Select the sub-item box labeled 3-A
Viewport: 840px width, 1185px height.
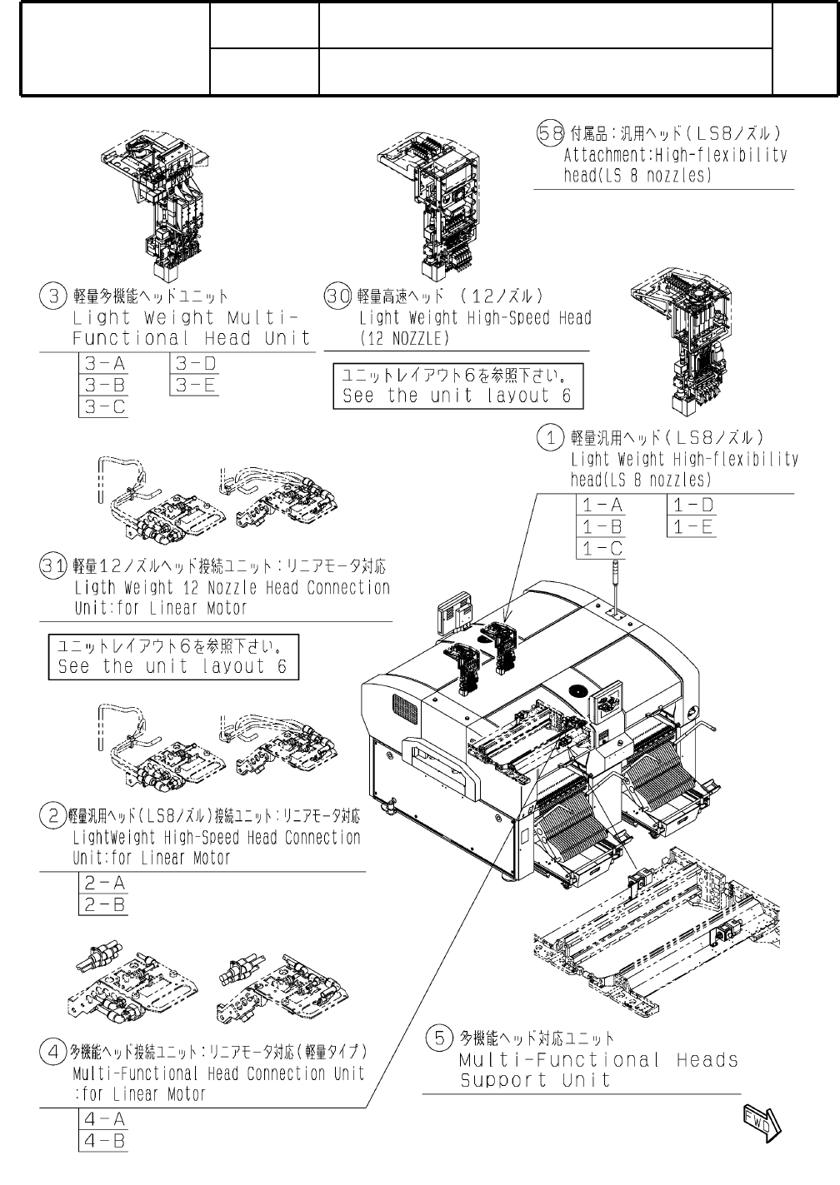click(104, 364)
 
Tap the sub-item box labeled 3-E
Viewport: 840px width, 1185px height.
click(196, 386)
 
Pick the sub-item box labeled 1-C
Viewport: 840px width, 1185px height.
click(601, 549)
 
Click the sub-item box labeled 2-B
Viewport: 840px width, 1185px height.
click(104, 904)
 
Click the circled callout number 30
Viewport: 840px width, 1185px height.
click(337, 296)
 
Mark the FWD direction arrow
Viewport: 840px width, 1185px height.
click(762, 1119)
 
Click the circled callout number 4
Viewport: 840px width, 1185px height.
click(53, 1052)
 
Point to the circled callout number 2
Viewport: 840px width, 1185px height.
click(53, 816)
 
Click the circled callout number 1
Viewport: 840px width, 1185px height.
click(551, 437)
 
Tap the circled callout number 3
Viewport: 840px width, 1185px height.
click(53, 296)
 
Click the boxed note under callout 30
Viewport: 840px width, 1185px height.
click(457, 386)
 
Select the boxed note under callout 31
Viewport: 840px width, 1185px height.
click(173, 656)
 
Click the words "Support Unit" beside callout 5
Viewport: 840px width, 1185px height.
click(535, 1081)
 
